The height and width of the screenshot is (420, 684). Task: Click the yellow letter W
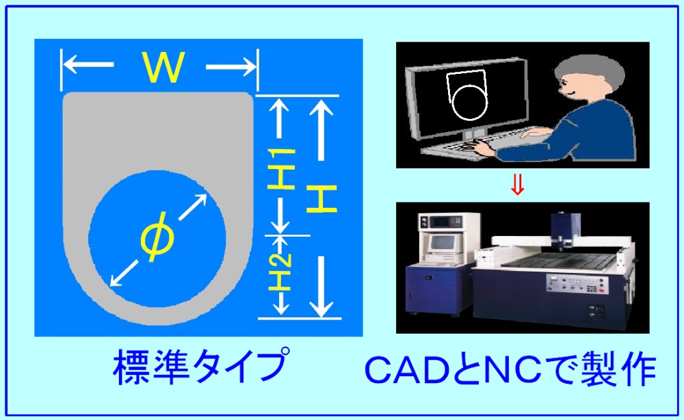tap(162, 67)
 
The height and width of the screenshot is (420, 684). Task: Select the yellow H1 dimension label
tap(280, 169)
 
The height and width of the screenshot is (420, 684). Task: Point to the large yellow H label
tap(321, 198)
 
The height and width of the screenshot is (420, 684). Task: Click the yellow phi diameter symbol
tap(157, 237)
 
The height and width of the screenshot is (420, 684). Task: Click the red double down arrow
tap(517, 185)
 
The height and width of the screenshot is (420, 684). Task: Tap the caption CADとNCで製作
tap(510, 370)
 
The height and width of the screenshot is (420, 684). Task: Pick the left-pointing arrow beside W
tap(88, 66)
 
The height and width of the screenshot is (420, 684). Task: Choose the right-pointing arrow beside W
tap(231, 67)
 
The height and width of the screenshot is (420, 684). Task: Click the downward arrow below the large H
tap(321, 286)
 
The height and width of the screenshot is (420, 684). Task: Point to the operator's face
tap(568, 88)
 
